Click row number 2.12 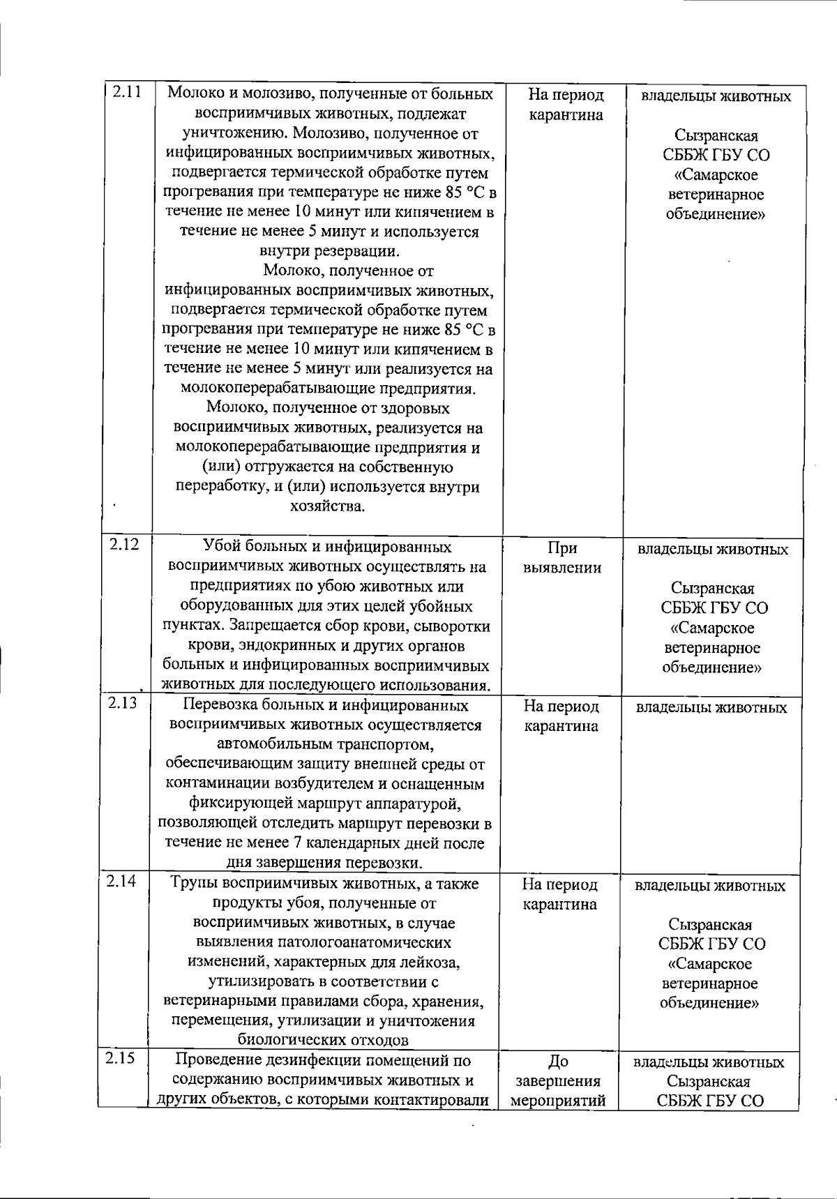(x=124, y=544)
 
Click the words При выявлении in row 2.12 (x=562, y=557)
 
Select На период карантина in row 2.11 (x=566, y=105)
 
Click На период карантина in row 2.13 (x=561, y=716)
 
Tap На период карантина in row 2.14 (x=560, y=894)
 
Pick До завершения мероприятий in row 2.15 (x=559, y=1081)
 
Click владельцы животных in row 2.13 (x=711, y=708)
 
